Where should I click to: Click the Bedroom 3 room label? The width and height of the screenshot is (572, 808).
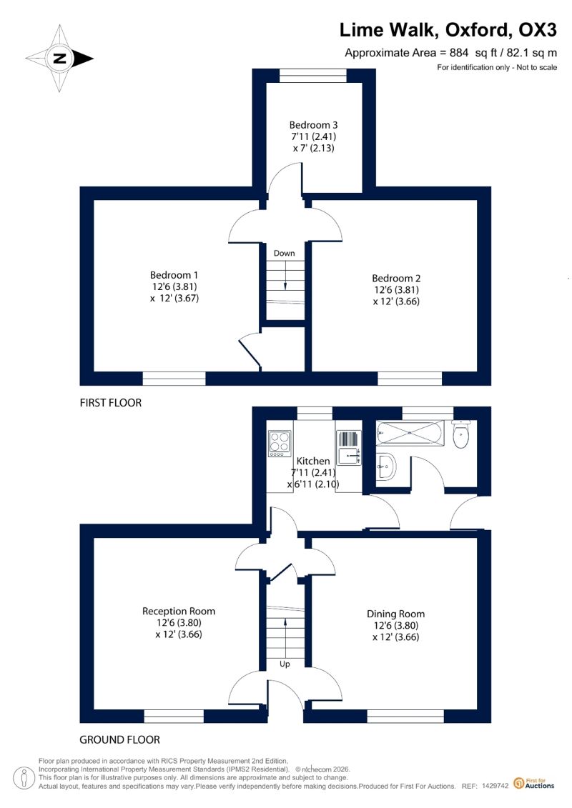(313, 125)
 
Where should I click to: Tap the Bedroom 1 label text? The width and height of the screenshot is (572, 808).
(174, 275)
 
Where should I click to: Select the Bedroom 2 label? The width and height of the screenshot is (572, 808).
(396, 279)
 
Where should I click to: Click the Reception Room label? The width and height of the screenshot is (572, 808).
(179, 611)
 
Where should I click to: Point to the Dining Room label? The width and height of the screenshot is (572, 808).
(395, 614)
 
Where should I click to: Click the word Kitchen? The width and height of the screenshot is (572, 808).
(313, 461)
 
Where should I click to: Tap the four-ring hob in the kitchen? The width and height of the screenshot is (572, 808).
(280, 444)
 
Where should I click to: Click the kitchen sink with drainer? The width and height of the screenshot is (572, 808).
(349, 447)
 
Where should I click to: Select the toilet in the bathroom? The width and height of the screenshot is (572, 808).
(460, 434)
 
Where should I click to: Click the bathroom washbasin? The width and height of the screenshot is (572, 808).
(386, 467)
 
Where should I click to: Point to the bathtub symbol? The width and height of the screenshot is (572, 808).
(410, 433)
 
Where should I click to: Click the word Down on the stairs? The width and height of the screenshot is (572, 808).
(284, 253)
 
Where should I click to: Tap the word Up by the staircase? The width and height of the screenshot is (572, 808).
(285, 664)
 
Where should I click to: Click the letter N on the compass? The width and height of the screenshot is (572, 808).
(60, 58)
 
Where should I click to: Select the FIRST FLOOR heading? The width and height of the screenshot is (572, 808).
(110, 402)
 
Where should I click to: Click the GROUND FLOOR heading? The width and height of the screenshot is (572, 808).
(119, 739)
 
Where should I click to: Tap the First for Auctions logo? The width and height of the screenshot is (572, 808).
(534, 784)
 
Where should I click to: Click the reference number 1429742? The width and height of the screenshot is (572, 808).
(495, 786)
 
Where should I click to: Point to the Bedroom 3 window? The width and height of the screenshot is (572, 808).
(313, 76)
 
